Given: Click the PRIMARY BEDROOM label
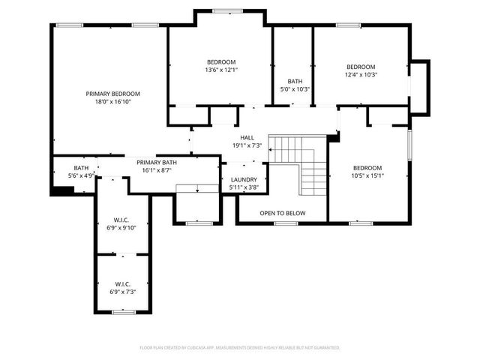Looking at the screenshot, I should (x=112, y=94).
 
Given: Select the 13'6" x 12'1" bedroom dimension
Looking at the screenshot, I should (x=221, y=70).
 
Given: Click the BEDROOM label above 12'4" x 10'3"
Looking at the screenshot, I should (x=360, y=67).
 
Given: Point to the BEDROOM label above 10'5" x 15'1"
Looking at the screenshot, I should (x=367, y=168).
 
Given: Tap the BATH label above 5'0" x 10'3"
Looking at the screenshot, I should (x=295, y=81).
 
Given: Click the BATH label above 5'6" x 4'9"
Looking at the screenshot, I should (x=81, y=168).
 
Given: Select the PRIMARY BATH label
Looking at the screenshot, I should (x=157, y=162).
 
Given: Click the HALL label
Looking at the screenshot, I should (x=247, y=138).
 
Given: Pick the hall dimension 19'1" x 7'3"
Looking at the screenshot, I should (x=247, y=145).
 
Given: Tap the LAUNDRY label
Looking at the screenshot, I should (x=244, y=180).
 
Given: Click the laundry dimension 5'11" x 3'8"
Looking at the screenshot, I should (x=244, y=187).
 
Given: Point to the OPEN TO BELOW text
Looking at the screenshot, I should (x=283, y=214).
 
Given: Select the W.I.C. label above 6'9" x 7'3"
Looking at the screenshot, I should (x=123, y=284).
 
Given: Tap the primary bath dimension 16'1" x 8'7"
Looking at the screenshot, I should (x=157, y=170).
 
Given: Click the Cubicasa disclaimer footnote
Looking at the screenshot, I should (x=240, y=348).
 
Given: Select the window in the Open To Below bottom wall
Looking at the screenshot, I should (x=286, y=223).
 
